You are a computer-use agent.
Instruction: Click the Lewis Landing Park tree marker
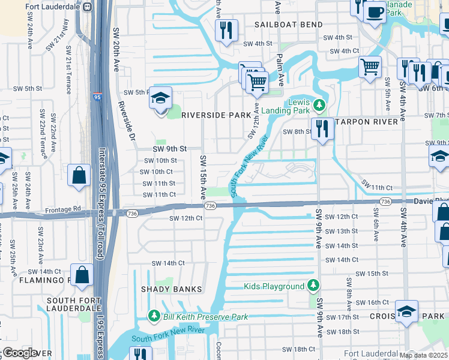(319, 106)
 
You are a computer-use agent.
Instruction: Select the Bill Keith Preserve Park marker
(154, 316)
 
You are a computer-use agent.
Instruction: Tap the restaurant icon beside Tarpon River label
(323, 128)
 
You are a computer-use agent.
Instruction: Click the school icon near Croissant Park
(406, 311)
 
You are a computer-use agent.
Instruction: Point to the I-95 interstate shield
(97, 95)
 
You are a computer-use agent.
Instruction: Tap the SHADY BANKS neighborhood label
(171, 289)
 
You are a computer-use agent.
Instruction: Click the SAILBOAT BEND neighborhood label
(288, 25)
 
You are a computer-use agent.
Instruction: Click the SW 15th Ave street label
(203, 178)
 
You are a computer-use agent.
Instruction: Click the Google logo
(19, 353)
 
